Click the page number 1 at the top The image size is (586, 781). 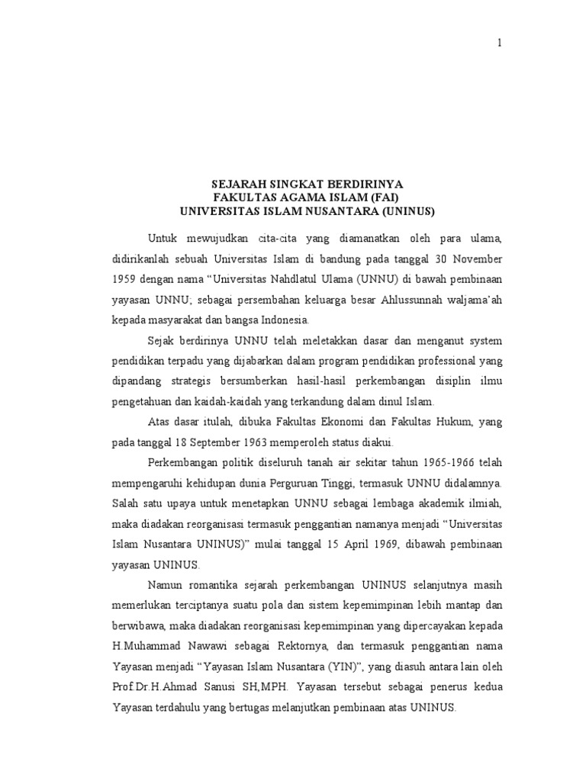pyautogui.click(x=500, y=43)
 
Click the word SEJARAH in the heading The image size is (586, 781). pyautogui.click(x=238, y=185)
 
